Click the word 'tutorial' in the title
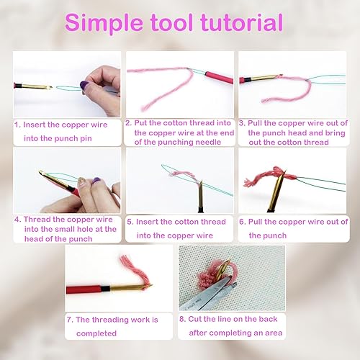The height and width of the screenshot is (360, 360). coord(242,22)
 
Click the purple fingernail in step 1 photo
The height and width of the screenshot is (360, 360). coord(84,85)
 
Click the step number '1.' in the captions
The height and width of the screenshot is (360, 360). coord(17,125)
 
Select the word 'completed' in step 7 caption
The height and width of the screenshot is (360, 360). coord(96,333)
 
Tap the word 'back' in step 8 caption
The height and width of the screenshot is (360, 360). coord(268,319)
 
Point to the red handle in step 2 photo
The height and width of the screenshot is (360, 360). coord(219,77)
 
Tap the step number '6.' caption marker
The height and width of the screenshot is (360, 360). coord(243,222)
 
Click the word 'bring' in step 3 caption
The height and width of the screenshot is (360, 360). coord(335,133)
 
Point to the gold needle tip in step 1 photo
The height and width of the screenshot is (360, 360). coord(50,87)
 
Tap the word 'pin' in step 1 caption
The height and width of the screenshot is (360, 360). coord(86,139)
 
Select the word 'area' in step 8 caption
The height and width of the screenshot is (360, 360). coord(274,333)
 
